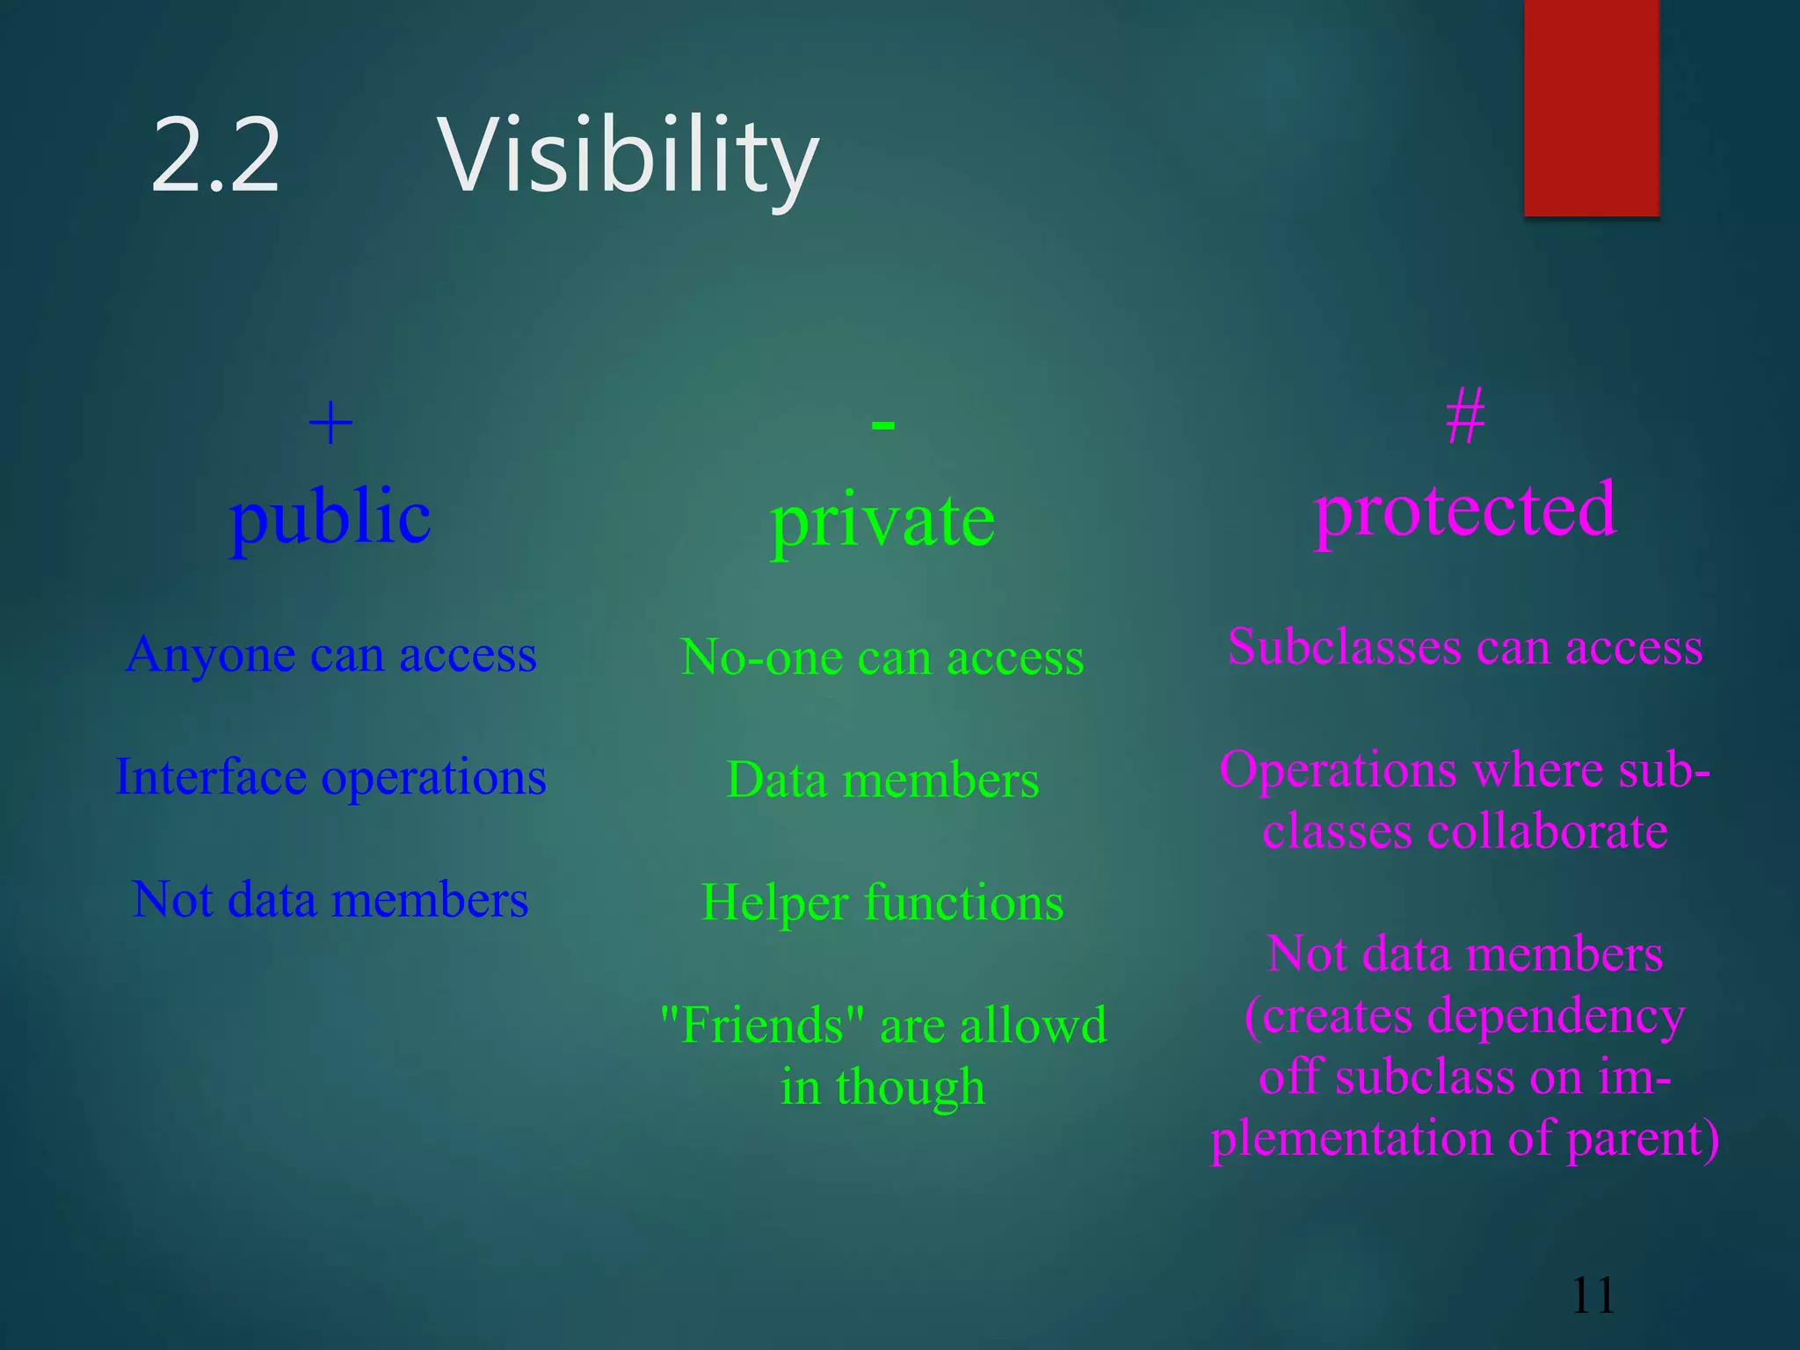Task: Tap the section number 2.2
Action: click(215, 156)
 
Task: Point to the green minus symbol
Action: click(882, 426)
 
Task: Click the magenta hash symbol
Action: click(1465, 417)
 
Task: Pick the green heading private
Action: click(882, 520)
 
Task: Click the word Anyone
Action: click(210, 656)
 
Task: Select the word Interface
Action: click(211, 777)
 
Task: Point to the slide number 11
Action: click(1593, 1296)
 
